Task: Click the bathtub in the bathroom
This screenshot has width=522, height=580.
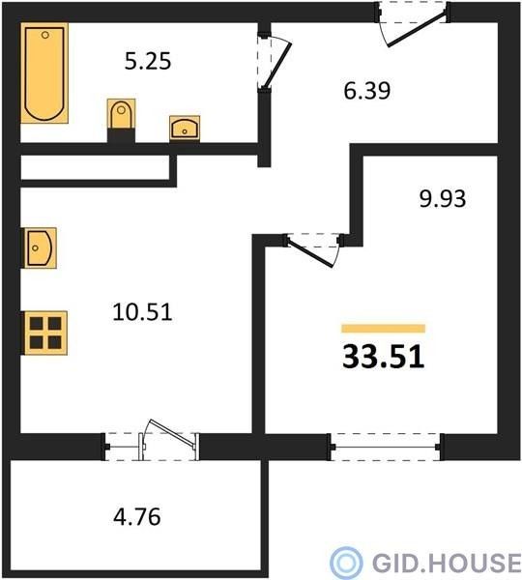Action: [44, 72]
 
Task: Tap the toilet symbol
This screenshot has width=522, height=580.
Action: [121, 114]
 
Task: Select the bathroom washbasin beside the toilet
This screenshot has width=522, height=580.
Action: [185, 129]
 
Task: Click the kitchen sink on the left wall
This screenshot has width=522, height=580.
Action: [41, 247]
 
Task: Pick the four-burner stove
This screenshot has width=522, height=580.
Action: [45, 333]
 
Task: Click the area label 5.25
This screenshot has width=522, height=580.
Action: [148, 61]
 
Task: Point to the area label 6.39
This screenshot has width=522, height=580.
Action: [367, 91]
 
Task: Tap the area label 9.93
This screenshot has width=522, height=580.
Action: [443, 198]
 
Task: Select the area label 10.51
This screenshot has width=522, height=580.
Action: [142, 311]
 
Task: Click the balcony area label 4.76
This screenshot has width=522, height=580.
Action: [137, 517]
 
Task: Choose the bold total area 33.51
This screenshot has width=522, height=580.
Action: [383, 357]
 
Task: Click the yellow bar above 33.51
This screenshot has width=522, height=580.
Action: [383, 329]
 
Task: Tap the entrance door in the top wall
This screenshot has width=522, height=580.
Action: [413, 23]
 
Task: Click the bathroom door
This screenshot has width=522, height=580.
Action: [275, 62]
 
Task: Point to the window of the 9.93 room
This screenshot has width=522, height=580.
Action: [386, 447]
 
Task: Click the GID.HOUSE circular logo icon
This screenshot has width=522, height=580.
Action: [346, 563]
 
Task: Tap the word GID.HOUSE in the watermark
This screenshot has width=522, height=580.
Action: [447, 563]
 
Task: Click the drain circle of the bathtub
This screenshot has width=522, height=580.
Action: [45, 35]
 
